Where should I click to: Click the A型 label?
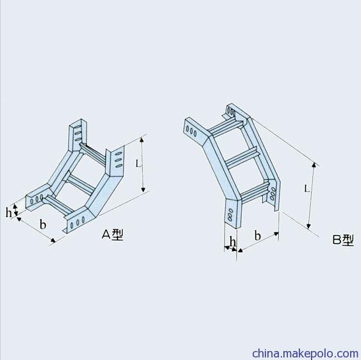tap(113, 234)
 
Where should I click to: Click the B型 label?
tap(343, 240)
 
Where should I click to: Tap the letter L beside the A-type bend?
tap(138, 163)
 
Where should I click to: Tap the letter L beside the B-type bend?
tap(307, 189)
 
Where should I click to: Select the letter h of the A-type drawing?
tap(8, 212)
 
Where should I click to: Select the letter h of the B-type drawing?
tap(233, 241)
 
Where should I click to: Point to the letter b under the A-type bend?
tap(43, 224)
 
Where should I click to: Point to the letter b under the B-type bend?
tap(258, 235)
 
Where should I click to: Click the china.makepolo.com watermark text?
tap(305, 353)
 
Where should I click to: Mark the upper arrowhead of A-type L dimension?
tap(142, 140)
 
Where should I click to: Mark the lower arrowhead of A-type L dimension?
tap(143, 190)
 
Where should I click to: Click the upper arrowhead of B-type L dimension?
tap(314, 165)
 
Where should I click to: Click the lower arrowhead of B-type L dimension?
tap(308, 227)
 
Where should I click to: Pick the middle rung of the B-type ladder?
tap(242, 159)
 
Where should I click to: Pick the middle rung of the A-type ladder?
tap(80, 183)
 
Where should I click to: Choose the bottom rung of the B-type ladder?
tap(255, 193)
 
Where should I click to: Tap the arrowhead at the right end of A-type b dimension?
tap(53, 240)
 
